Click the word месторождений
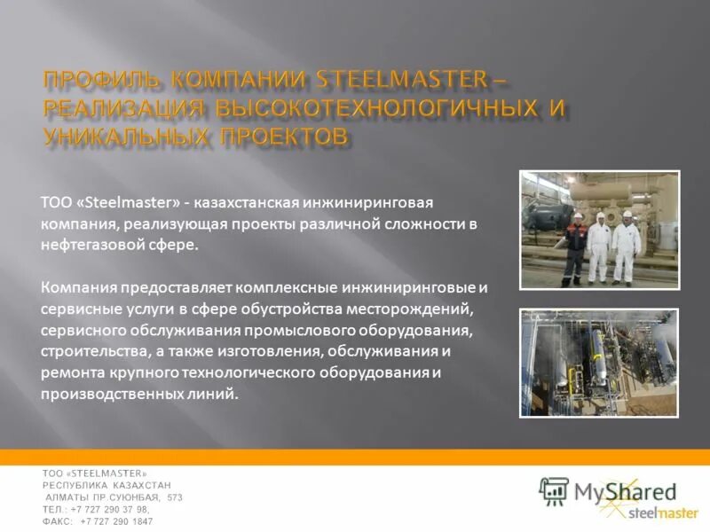click(419, 309)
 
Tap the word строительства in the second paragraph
click(91, 351)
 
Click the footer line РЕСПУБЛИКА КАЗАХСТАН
click(106, 486)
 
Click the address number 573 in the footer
click(174, 497)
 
